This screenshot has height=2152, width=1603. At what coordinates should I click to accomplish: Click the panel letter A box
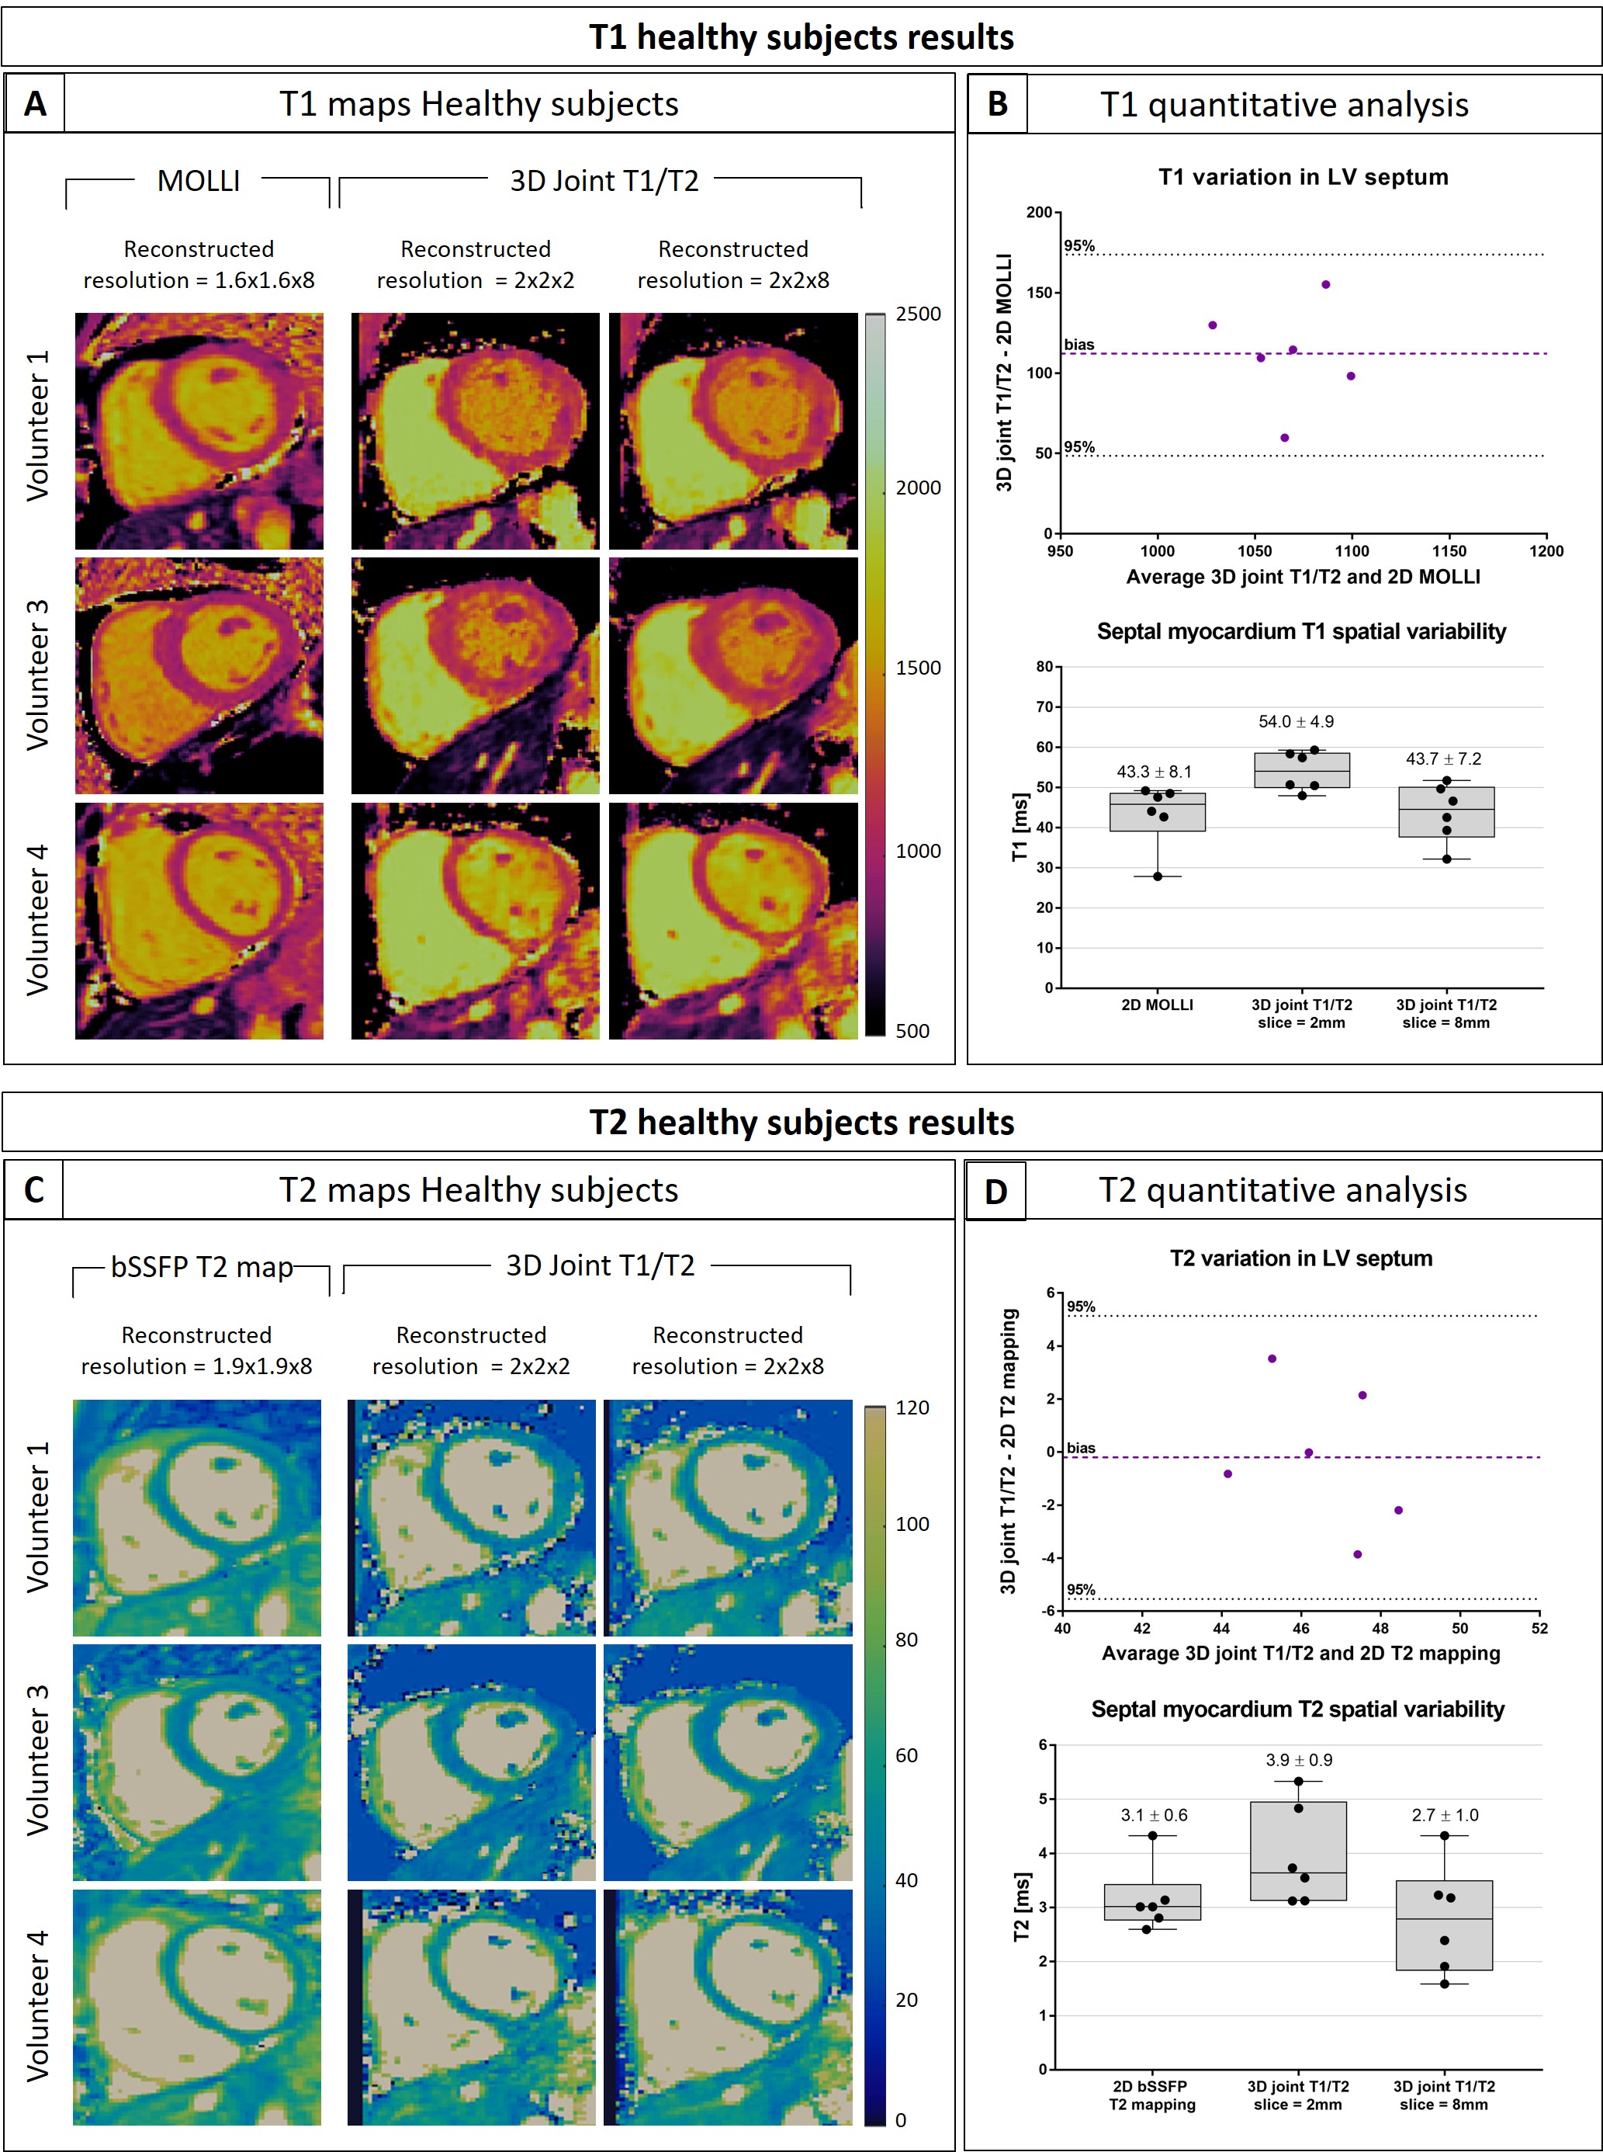coord(35,104)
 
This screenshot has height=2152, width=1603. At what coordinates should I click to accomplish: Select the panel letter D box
coord(995,1191)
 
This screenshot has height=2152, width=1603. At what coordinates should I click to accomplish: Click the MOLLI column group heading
coord(198,182)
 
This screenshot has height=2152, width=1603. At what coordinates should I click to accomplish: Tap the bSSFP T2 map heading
coord(202,1267)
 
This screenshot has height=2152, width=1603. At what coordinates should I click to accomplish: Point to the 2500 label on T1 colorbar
coord(917,314)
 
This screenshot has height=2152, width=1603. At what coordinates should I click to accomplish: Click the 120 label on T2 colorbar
coord(911,1407)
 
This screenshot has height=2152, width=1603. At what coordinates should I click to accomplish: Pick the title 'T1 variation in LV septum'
coord(1302,178)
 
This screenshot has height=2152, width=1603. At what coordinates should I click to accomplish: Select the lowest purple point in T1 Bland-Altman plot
coord(1285,438)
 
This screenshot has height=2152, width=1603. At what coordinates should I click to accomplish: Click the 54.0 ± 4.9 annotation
coord(1296,722)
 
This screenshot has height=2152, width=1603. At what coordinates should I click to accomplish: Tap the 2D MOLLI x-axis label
coord(1157,1005)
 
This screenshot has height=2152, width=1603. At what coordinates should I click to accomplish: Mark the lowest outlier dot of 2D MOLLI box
coord(1158,876)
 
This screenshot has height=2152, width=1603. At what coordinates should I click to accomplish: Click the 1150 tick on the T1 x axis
coord(1449,551)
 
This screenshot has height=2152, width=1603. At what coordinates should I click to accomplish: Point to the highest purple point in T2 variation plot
coord(1272,1359)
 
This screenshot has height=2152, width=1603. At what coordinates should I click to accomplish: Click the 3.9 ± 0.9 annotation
coord(1298,1760)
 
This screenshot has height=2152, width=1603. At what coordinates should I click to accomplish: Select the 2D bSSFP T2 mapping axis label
coord(1151,2095)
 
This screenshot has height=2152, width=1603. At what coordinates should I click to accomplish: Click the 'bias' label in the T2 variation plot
coord(1081,1449)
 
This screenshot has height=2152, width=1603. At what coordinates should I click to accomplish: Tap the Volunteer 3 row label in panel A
coord(37,675)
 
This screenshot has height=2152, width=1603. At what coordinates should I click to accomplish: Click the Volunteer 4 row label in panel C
coord(37,2006)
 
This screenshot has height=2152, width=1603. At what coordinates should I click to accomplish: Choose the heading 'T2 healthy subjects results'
coord(801,1123)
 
